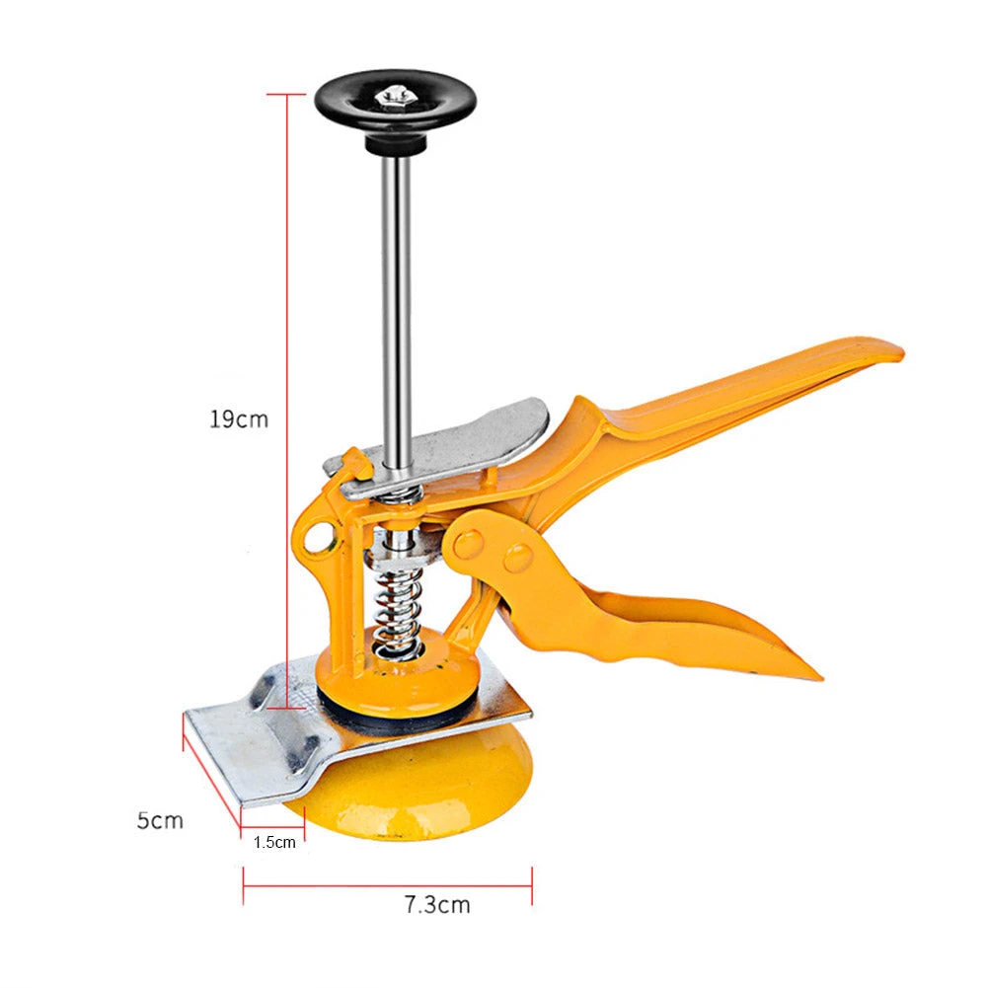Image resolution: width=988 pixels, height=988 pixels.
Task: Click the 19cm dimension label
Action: click(x=238, y=418)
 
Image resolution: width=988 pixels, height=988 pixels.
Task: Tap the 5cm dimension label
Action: click(x=160, y=820)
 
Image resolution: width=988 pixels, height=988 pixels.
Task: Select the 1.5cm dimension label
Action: click(x=273, y=842)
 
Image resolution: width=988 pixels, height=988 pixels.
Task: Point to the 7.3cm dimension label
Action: click(x=436, y=904)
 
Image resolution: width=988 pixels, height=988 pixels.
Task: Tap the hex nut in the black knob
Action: click(x=395, y=97)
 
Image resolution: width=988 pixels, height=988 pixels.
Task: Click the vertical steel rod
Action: click(x=398, y=296)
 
